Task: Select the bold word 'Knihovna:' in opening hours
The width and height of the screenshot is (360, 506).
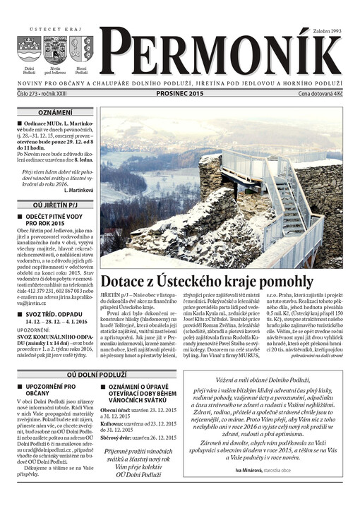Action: click(113, 423)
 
